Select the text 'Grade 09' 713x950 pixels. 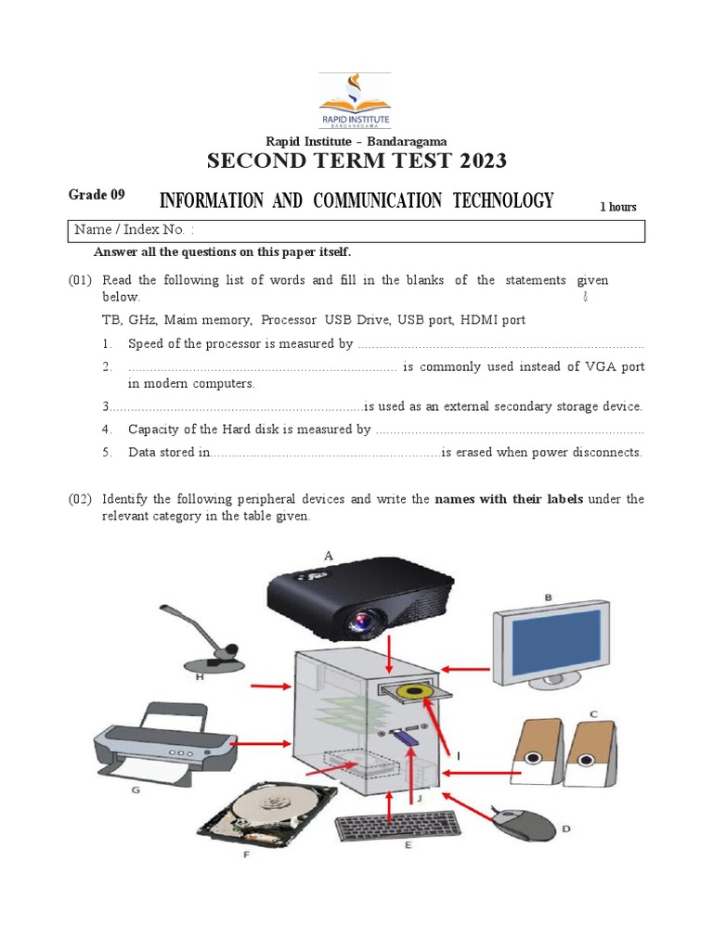(x=96, y=195)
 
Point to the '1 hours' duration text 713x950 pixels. (x=617, y=207)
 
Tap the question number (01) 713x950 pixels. (x=80, y=280)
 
